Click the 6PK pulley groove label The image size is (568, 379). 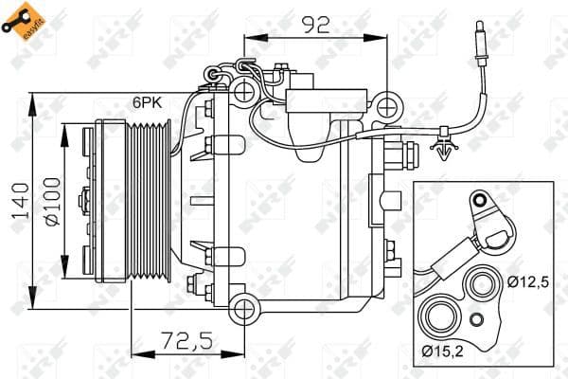pos(148,101)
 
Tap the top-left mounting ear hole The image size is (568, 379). pos(245,91)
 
